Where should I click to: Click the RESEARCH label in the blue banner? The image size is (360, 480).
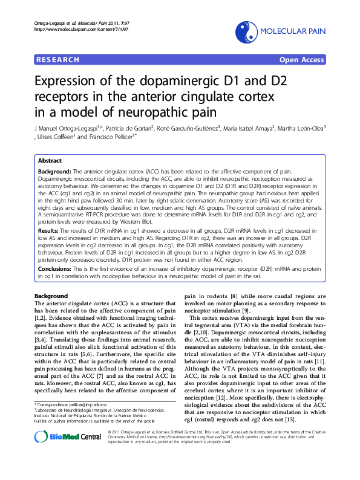pyautogui.click(x=58, y=60)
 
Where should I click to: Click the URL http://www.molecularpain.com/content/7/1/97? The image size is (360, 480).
pyautogui.click(x=75, y=28)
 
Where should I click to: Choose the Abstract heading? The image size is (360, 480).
pyautogui.click(x=50, y=161)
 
